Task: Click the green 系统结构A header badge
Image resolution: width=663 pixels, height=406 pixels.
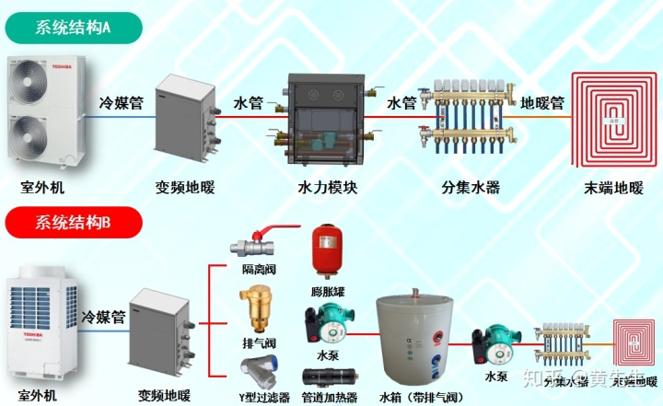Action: click(x=73, y=27)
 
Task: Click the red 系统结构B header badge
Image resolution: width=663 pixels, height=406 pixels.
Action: click(x=73, y=222)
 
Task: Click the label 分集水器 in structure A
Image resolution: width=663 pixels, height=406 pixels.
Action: click(x=469, y=188)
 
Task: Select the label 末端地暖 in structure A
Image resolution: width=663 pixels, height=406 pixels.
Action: click(x=613, y=188)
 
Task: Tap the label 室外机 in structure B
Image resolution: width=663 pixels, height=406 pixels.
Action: click(x=40, y=396)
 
